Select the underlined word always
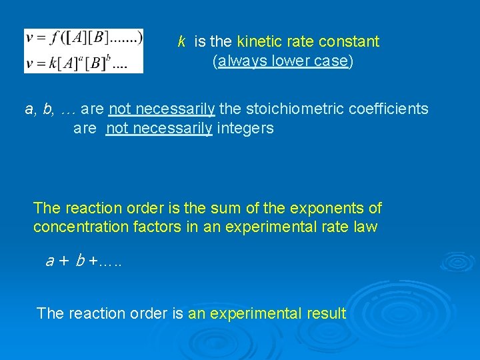(239, 61)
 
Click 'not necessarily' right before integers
(159, 129)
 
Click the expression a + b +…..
(83, 261)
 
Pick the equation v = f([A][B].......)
(84, 38)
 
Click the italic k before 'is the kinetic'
(181, 41)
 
